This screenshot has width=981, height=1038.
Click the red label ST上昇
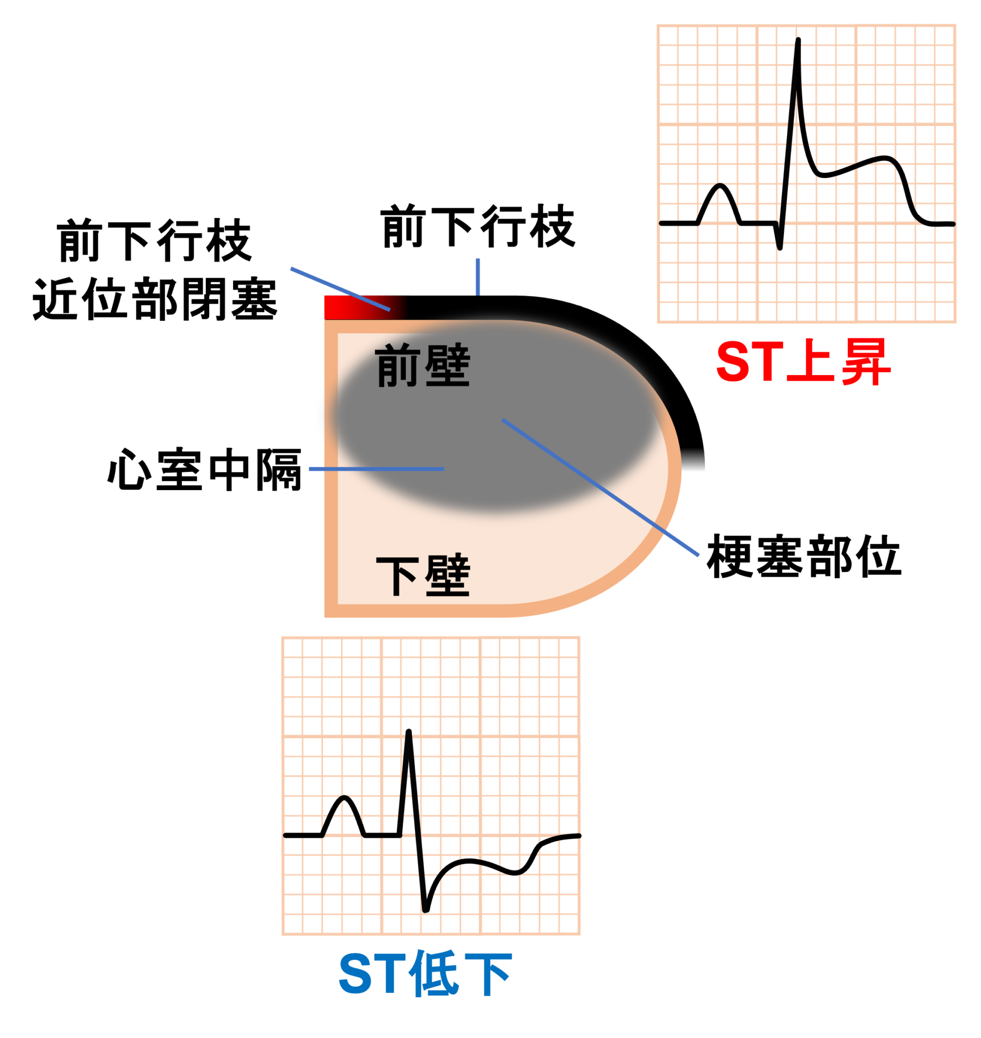[x=803, y=361]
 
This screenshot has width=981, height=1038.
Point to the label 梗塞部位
[x=804, y=556]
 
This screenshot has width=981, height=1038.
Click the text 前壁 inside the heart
[x=423, y=365]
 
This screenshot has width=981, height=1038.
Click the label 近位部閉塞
[x=155, y=299]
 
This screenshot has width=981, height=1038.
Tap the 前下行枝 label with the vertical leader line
[x=478, y=226]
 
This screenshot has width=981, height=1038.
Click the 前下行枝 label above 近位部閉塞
[x=155, y=240]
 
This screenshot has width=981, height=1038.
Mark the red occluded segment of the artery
[x=361, y=308]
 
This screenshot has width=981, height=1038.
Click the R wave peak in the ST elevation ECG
[x=798, y=40]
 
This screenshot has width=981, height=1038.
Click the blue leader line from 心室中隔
[x=376, y=469]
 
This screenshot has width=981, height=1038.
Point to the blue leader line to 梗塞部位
[x=600, y=487]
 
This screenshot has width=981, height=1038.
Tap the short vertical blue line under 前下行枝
[x=478, y=277]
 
